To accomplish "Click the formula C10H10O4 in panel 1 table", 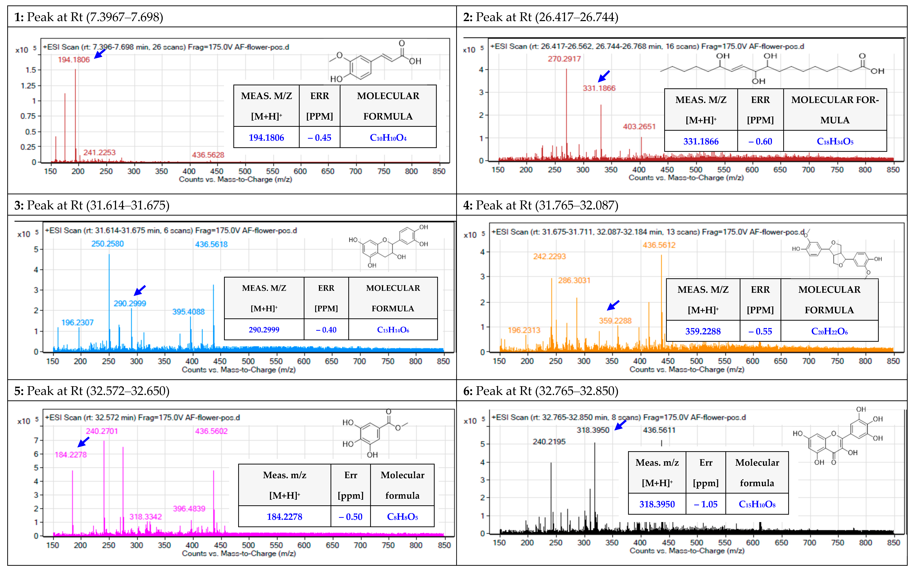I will click(388, 138).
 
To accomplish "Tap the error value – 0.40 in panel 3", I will click(326, 330).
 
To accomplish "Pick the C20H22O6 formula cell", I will click(829, 331).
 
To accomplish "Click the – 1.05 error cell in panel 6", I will click(706, 504).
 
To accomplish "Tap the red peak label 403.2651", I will click(639, 127).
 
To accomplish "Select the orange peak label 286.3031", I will click(574, 280).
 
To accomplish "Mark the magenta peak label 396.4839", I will click(189, 509).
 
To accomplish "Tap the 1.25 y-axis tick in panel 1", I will click(28, 86).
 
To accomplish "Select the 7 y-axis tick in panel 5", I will click(36, 440).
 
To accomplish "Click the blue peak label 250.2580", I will click(108, 244).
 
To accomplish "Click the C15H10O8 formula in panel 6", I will click(757, 504).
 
